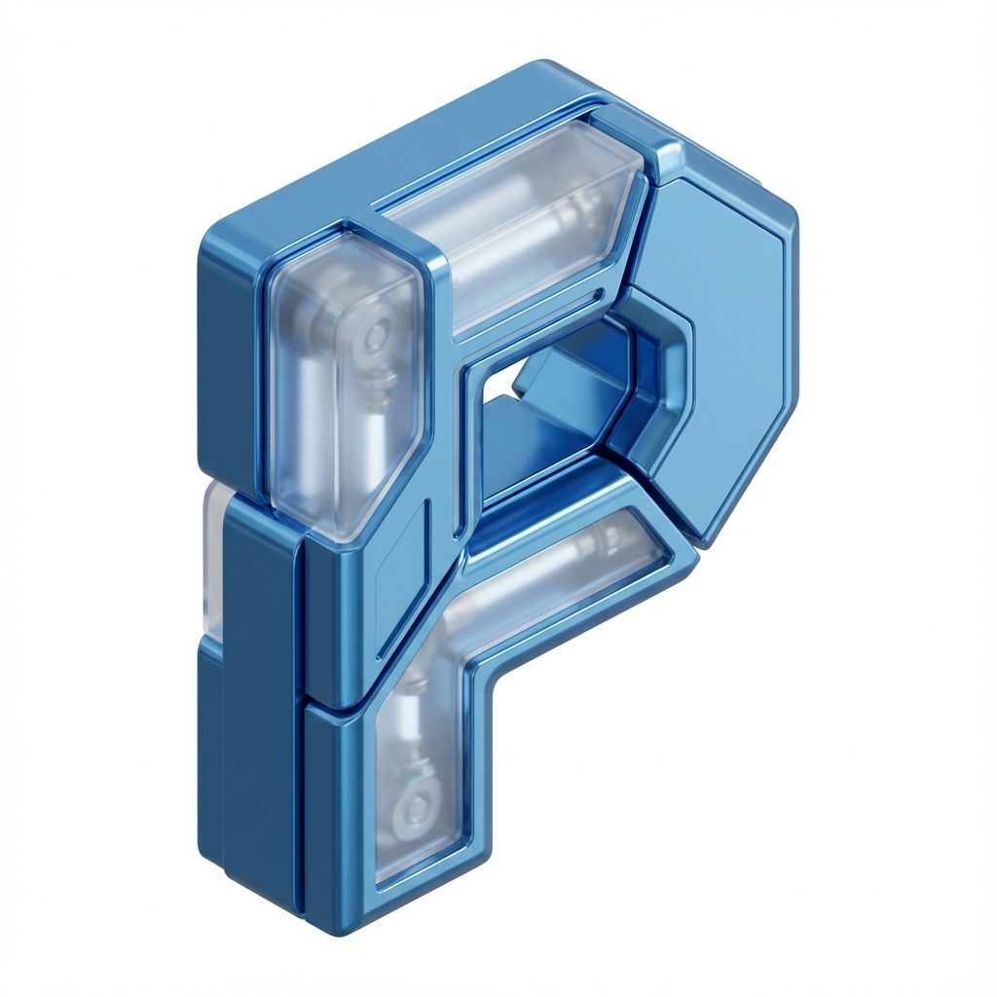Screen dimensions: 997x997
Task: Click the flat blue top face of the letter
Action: tap(356, 159)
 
